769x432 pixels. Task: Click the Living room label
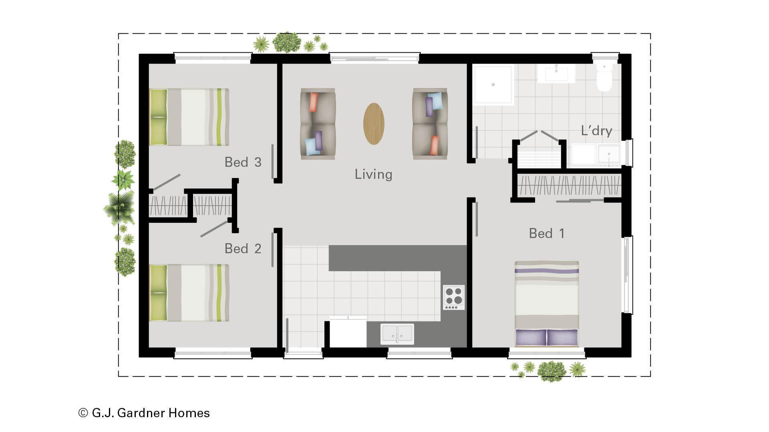point(373,174)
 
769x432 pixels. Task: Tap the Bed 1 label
point(547,233)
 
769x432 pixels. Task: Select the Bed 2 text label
point(243,248)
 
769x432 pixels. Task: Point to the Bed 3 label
point(243,162)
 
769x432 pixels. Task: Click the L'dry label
point(596,131)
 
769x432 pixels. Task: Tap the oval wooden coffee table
point(374,124)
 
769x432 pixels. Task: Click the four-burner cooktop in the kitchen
point(454,297)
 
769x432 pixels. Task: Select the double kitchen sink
point(397,334)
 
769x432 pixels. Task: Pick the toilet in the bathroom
point(604,78)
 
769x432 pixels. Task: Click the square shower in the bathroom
point(493,84)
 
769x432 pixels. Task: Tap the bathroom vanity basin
point(556,74)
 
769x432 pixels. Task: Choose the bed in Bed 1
point(547,304)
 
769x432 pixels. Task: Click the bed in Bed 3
point(189,117)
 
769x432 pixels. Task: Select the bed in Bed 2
point(189,293)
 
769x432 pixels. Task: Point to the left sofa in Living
point(318,124)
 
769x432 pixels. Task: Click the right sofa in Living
point(430,124)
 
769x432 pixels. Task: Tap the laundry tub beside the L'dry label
point(609,154)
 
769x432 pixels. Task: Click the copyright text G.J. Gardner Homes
point(144,413)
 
